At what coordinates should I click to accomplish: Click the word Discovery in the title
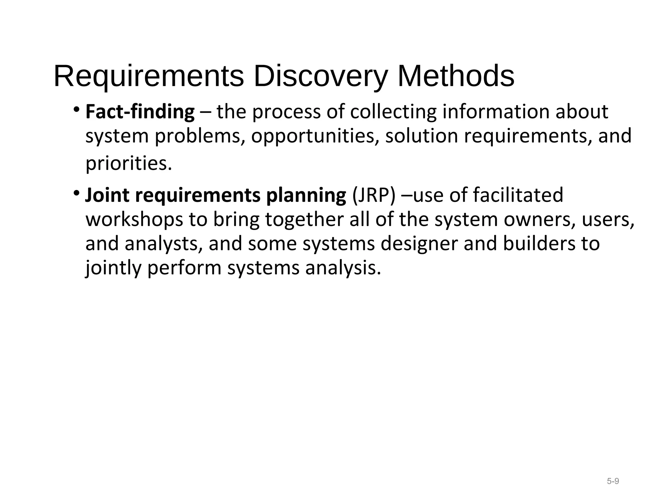[x=320, y=76]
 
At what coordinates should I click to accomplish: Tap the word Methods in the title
[x=456, y=76]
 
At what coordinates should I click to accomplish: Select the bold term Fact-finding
[x=140, y=112]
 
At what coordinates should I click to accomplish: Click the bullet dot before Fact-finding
[x=76, y=109]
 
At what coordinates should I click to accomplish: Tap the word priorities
[x=129, y=163]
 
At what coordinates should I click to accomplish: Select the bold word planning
[x=306, y=195]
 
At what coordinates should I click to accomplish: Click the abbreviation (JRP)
[x=374, y=195]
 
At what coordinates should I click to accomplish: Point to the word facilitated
[x=518, y=195]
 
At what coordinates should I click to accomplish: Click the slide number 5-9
[x=613, y=481]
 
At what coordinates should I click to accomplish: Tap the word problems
[x=200, y=136]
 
